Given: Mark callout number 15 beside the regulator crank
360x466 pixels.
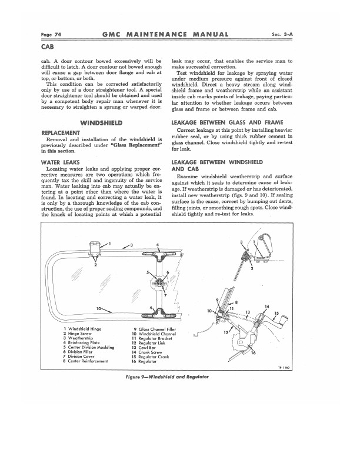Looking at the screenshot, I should tap(277, 312).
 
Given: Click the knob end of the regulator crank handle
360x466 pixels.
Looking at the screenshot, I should tap(285, 319).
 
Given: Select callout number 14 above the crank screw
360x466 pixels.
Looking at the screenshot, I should tap(267, 307).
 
